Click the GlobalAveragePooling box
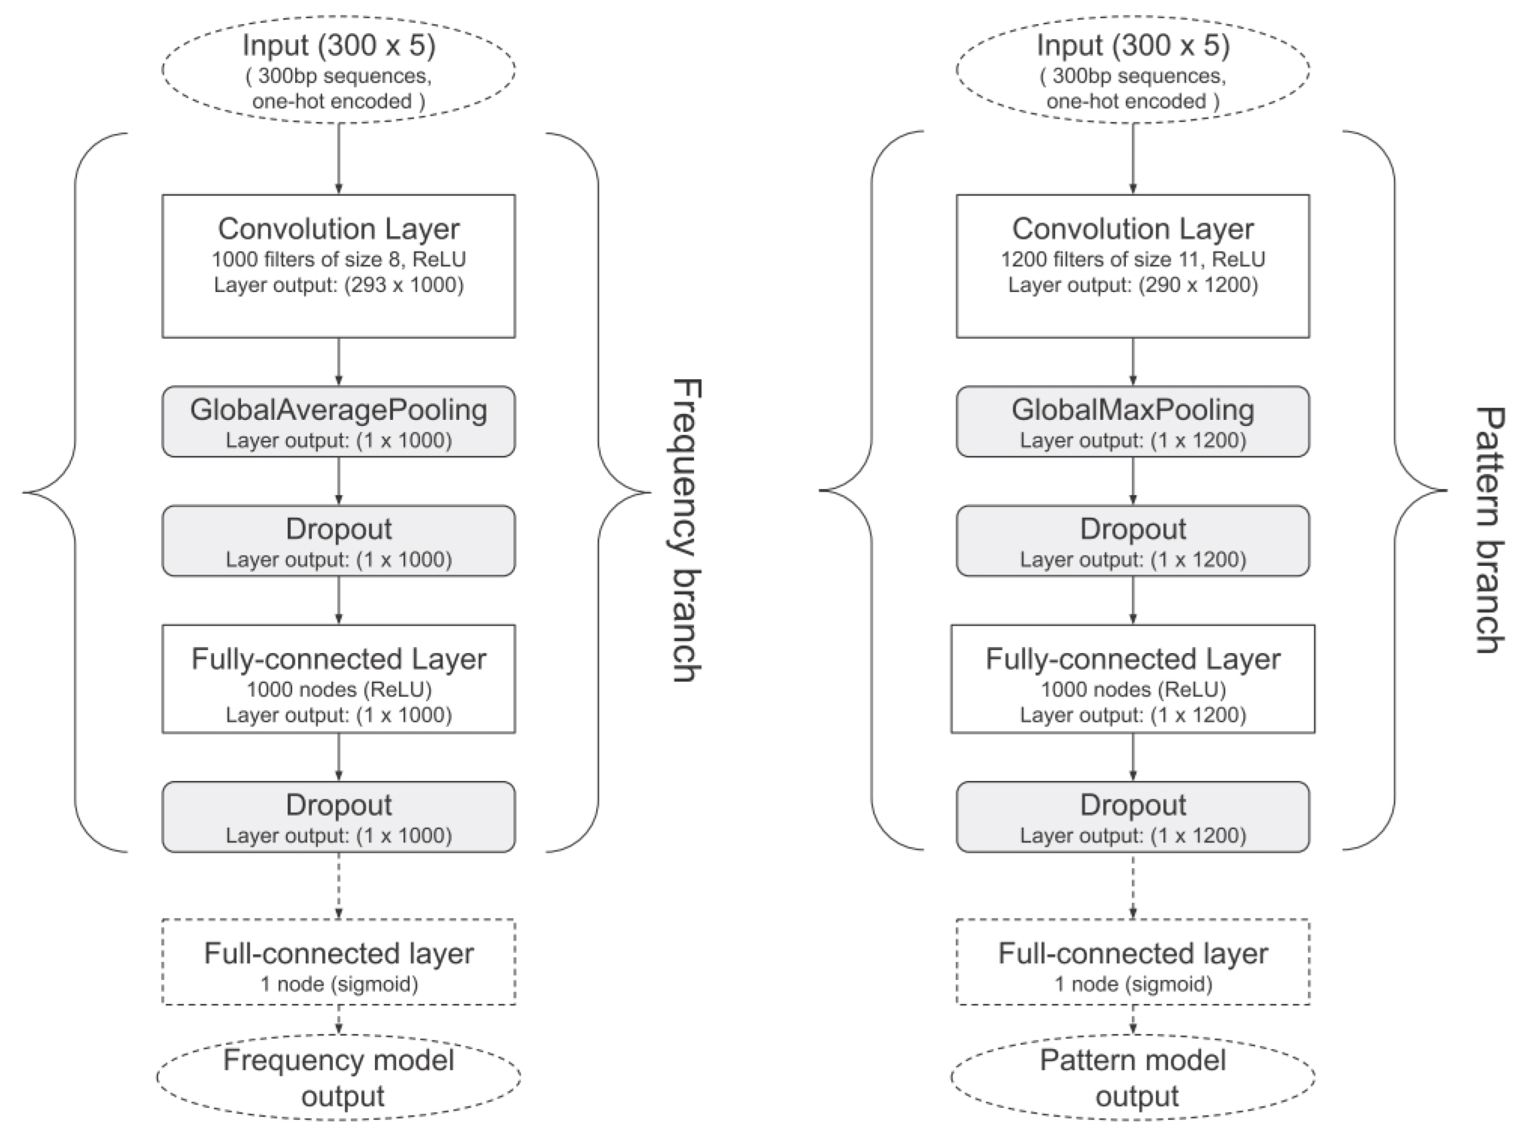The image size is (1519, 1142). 338,421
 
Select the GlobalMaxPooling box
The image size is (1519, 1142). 1132,421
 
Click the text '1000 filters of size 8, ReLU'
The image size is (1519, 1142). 338,260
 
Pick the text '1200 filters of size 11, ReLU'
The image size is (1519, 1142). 1132,260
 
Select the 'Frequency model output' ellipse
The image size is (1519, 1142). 338,1078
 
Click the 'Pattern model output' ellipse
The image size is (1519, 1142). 1132,1078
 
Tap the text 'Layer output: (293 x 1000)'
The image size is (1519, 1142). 338,285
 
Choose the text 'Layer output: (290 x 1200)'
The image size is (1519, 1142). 1132,285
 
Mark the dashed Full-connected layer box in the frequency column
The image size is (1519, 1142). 338,962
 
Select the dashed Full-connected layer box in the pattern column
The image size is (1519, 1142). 1132,962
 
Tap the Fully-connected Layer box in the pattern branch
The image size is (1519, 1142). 1132,679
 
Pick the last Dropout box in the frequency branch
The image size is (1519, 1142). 338,817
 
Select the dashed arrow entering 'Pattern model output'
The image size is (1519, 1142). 1132,1020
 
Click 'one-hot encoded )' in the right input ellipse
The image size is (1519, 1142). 1132,101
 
